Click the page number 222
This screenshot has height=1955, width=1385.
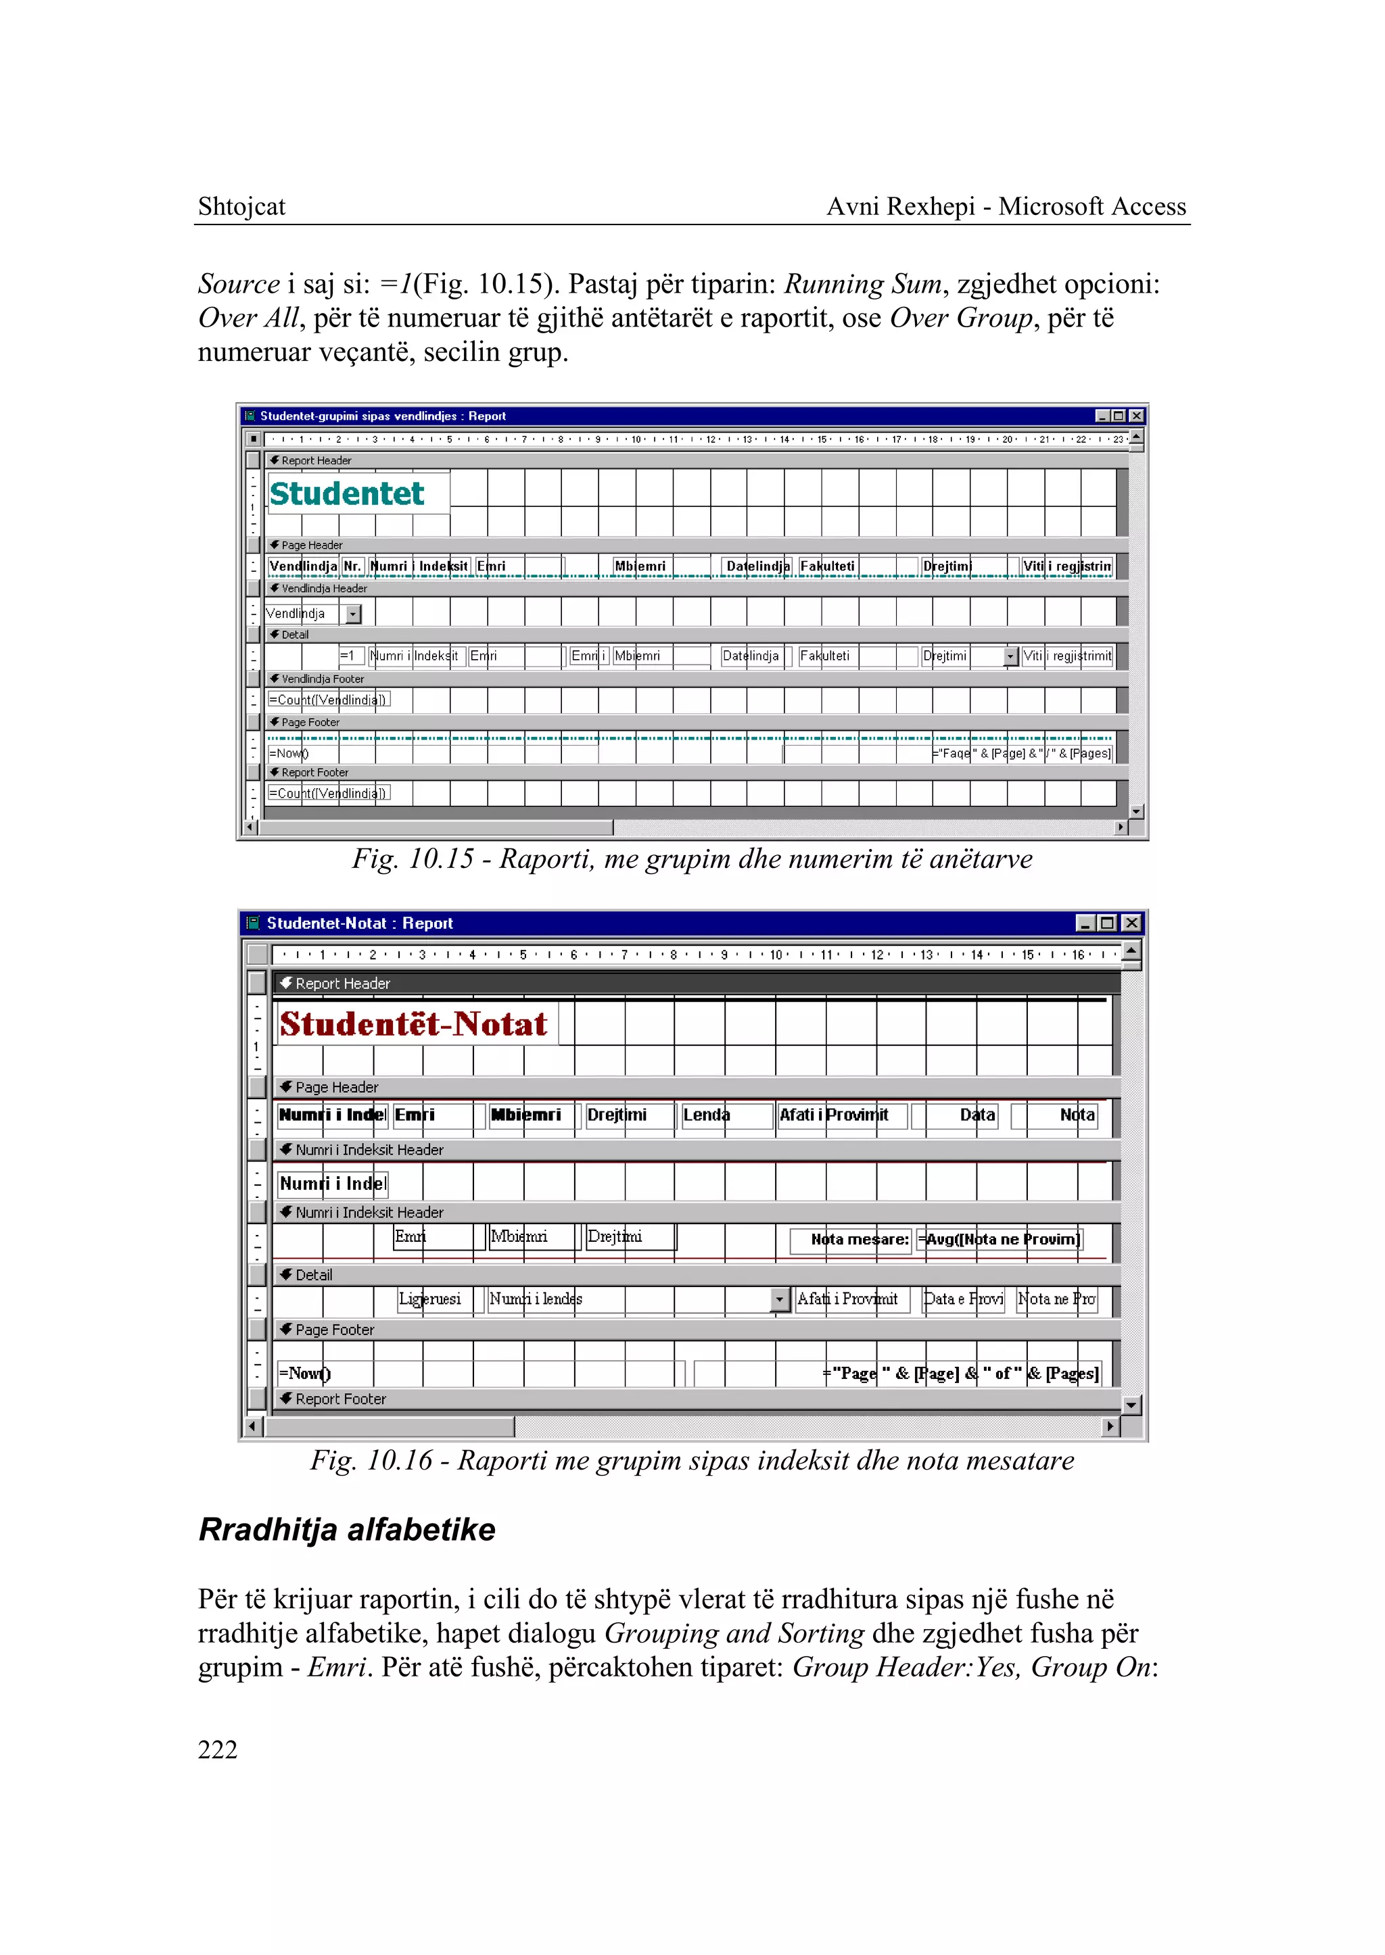(218, 1749)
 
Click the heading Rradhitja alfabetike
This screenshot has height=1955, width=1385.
(346, 1530)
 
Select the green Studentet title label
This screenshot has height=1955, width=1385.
(346, 493)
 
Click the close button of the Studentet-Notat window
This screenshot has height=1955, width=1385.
(1131, 923)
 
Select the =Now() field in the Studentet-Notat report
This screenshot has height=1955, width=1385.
(304, 1374)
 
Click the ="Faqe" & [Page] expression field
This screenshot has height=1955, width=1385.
(1022, 754)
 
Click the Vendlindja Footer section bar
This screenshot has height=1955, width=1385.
(597, 679)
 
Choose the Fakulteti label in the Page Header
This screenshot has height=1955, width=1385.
(827, 566)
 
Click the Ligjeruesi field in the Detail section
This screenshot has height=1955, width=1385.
(430, 1299)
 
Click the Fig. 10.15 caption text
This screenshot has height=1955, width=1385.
(692, 859)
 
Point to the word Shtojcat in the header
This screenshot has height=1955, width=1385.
(241, 206)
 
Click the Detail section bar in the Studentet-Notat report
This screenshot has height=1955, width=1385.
(597, 1275)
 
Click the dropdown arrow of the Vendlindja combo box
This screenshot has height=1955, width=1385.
(353, 614)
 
